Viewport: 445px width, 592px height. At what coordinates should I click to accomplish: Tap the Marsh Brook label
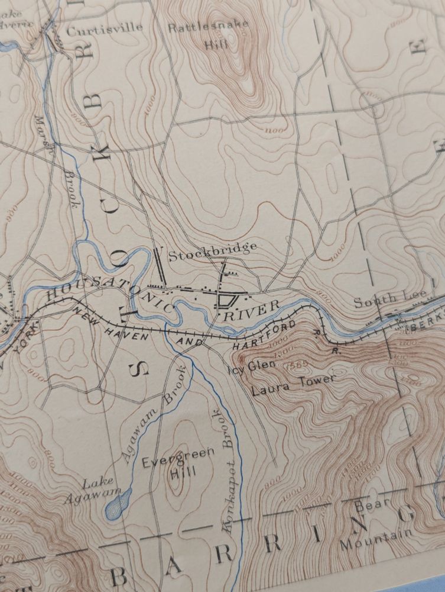coord(58,160)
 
